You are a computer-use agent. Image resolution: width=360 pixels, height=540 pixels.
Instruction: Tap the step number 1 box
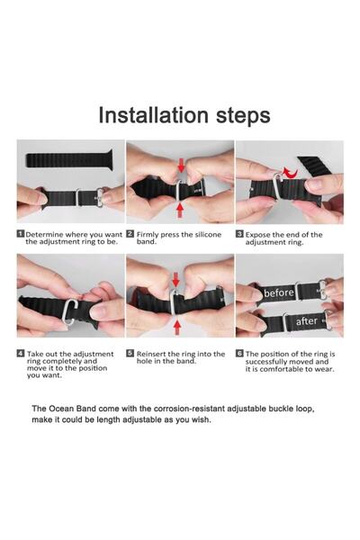coord(21,233)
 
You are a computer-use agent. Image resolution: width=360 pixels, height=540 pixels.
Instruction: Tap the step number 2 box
coord(130,233)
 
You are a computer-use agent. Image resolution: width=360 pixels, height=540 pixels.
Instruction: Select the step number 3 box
coord(240,233)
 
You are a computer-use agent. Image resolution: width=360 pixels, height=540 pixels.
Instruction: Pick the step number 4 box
coord(21,355)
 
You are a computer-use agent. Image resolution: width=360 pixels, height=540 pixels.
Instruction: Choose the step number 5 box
coord(130,355)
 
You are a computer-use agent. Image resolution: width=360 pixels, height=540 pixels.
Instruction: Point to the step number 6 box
coord(240,355)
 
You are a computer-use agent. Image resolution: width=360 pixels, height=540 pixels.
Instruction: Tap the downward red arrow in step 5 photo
coord(176,281)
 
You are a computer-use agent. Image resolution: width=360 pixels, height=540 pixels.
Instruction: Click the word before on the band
coord(280,292)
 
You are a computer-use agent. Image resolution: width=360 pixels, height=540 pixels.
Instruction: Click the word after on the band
coord(305,320)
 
